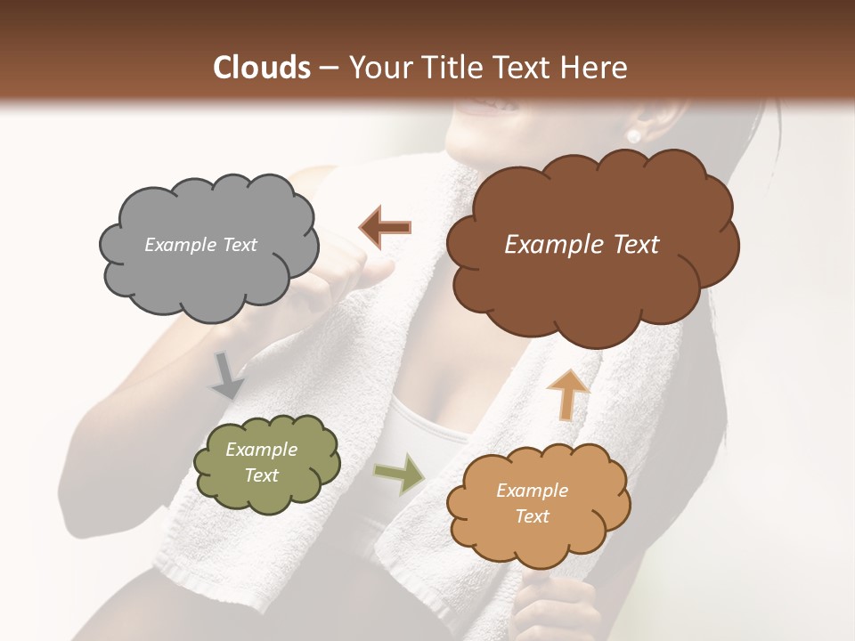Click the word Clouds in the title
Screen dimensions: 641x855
(262, 68)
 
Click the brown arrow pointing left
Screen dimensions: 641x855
(386, 228)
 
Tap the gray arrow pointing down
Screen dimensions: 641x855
(228, 375)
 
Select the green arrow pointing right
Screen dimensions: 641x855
(400, 473)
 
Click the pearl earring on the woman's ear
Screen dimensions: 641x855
(634, 136)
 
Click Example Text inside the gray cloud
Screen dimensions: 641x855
(200, 245)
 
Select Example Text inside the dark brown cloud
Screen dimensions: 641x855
(582, 245)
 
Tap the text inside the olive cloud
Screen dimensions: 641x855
(261, 463)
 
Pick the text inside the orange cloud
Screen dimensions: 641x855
(532, 503)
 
